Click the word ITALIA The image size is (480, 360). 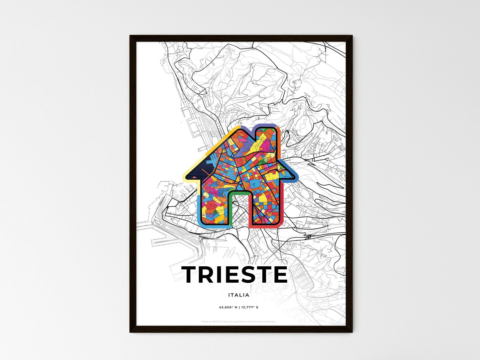pyautogui.click(x=239, y=295)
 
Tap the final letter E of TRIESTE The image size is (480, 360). pyautogui.click(x=279, y=274)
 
